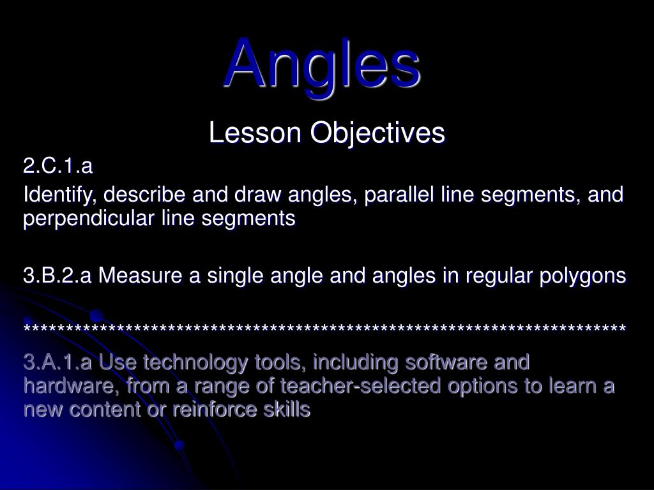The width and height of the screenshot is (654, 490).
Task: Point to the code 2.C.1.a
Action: pyautogui.click(x=58, y=167)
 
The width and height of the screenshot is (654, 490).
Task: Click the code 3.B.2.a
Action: pyautogui.click(x=58, y=276)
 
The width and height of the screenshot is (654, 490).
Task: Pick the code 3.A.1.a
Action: pyautogui.click(x=58, y=362)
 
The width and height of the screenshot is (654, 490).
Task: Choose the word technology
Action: pyautogui.click(x=197, y=362)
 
